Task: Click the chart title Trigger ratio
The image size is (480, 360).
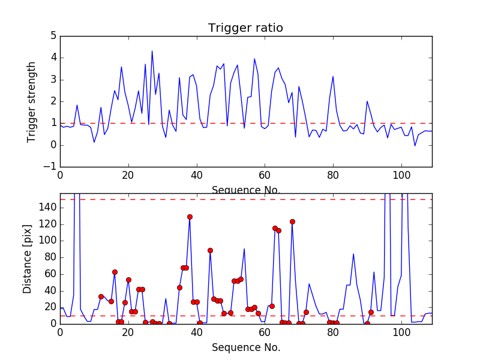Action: tap(245, 28)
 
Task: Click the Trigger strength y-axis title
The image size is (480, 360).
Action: tap(32, 102)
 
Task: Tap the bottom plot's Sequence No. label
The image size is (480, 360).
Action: tap(246, 347)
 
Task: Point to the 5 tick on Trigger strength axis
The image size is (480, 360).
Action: tap(53, 36)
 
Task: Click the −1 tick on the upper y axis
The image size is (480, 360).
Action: tap(50, 167)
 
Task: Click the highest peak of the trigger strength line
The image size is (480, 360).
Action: tap(152, 51)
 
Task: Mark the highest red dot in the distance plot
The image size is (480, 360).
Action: tap(190, 217)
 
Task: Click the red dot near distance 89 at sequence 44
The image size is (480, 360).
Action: tap(210, 250)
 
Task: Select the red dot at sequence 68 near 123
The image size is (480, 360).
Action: tap(292, 221)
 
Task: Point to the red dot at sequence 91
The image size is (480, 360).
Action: tap(371, 312)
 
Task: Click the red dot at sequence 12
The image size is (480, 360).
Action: tap(101, 296)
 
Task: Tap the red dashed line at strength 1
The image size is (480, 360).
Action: tap(240, 123)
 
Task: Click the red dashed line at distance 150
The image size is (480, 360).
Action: tap(240, 199)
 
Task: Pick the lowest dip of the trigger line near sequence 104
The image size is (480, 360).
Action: tap(415, 146)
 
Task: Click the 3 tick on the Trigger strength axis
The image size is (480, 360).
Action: tap(53, 80)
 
